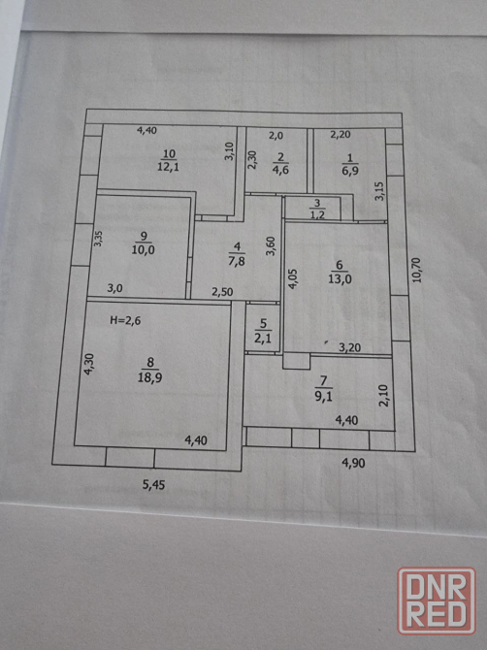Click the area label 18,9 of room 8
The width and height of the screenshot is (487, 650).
tap(150, 377)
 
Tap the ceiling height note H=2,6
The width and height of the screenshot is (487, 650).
tap(125, 320)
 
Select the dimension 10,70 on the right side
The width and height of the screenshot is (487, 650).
tap(417, 271)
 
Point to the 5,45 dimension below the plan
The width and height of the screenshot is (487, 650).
tap(154, 485)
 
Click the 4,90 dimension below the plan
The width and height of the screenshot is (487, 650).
tap(353, 463)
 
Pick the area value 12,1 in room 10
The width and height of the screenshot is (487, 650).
tap(168, 167)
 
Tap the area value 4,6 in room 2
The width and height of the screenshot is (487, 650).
tap(280, 169)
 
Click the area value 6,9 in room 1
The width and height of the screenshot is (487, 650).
tap(350, 171)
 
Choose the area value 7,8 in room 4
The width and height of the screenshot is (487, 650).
tap(237, 262)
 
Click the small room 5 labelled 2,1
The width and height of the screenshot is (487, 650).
tap(262, 329)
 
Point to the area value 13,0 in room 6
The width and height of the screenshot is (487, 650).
tap(340, 278)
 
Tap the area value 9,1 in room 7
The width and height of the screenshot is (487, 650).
tap(323, 396)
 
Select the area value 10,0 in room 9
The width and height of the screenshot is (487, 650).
tap(144, 249)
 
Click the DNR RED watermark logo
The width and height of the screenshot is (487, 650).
tap(437, 601)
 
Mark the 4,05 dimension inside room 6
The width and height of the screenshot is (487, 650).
tap(293, 278)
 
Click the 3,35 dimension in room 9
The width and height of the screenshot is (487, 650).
tap(98, 239)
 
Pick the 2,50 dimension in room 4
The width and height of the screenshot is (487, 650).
tap(222, 292)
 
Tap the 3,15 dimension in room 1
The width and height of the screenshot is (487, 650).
tap(379, 191)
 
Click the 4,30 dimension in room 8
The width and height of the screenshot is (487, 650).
tap(88, 365)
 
